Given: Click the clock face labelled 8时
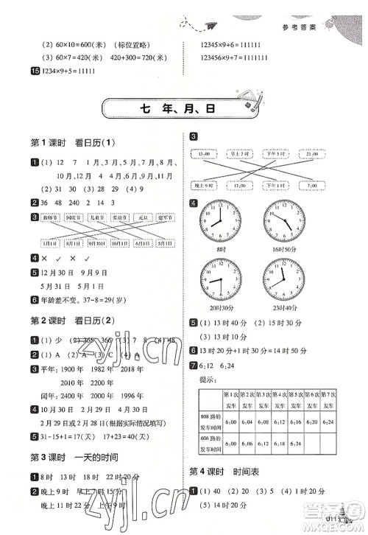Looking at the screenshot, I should coord(219,217).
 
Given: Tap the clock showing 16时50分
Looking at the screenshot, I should coord(283,217).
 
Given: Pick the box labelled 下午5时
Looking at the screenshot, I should coord(276,154).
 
